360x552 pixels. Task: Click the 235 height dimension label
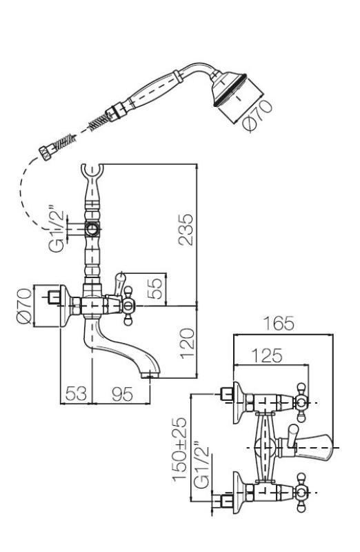pos(186,230)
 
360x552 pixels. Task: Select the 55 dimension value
pos(155,288)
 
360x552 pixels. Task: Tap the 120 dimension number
pos(187,343)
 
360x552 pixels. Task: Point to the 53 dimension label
pos(76,393)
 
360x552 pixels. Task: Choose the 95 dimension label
pos(122,393)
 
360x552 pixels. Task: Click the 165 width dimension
pos(279,323)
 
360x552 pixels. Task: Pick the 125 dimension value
pos(267,355)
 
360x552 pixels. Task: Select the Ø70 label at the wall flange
pos(24,306)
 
